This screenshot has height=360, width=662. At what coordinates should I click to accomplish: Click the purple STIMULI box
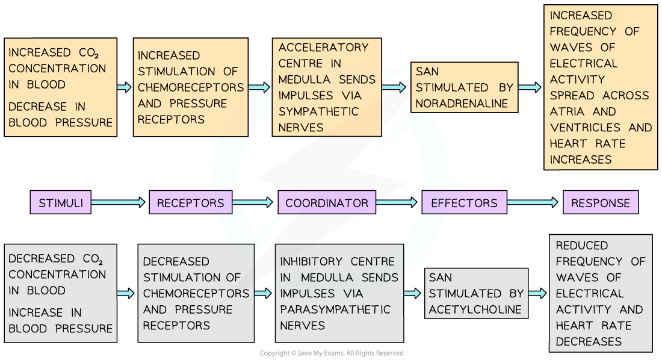61,203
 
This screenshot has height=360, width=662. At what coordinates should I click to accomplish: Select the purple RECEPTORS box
191,203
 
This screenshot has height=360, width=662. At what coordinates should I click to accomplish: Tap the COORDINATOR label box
327,203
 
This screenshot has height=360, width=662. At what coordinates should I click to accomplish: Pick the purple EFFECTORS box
464,203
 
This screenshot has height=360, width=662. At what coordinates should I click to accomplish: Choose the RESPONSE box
600,203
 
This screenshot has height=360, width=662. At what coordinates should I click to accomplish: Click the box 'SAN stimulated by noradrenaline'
465,87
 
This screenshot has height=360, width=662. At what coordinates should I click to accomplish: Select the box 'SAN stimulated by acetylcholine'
476,294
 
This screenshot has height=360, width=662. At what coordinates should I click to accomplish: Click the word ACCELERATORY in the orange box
323,47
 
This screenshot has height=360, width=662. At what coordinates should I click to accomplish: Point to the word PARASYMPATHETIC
335,310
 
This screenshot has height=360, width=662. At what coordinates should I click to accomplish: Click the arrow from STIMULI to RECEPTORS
119,203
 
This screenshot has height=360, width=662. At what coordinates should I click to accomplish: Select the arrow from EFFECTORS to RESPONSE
534,203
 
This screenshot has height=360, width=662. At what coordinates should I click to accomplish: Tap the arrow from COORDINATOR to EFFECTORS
397,203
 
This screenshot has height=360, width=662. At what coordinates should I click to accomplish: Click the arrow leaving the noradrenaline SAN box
529,87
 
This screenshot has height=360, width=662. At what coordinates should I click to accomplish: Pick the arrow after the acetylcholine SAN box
537,293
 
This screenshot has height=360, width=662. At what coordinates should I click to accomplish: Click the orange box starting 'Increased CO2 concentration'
61,87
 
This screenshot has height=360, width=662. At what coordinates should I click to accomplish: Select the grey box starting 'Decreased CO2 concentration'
61,294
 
